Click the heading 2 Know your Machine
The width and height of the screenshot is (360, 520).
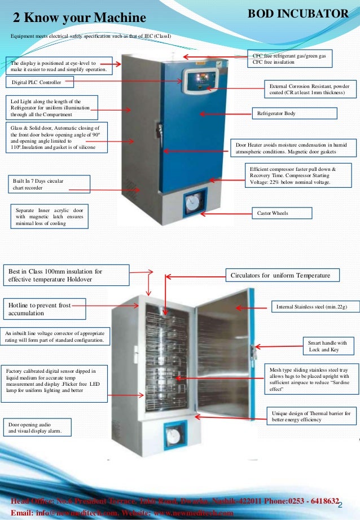(80, 19)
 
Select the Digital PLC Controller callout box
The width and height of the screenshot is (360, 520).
(40, 82)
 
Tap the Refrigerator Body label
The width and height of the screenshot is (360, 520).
(294, 113)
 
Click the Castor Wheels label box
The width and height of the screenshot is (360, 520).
(281, 213)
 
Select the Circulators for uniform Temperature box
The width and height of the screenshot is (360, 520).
(283, 275)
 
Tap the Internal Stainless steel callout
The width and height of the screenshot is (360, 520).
(312, 307)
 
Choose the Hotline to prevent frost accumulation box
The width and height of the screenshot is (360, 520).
(45, 309)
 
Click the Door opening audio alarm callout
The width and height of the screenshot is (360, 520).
(37, 427)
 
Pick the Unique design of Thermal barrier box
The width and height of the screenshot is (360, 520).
(310, 416)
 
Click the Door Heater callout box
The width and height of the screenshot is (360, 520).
(295, 148)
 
